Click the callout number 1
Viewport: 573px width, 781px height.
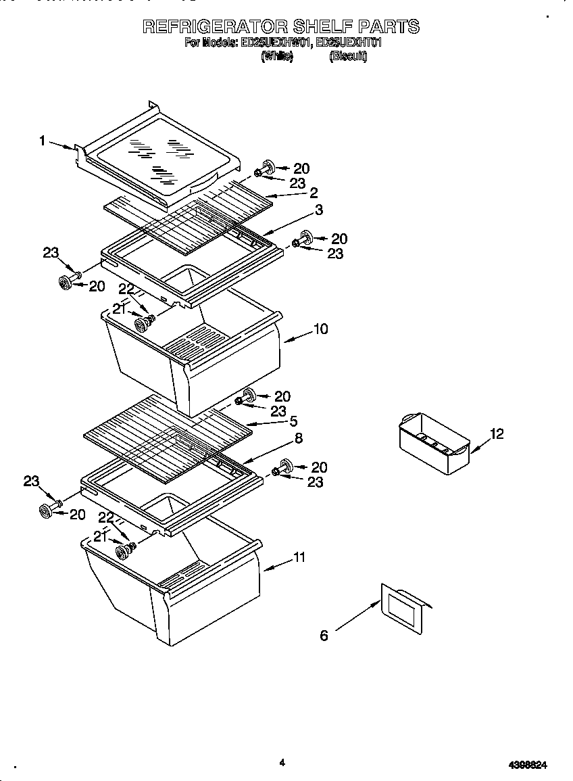(x=42, y=141)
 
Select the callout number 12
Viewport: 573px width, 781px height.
(x=497, y=434)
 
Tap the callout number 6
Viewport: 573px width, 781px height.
(x=324, y=636)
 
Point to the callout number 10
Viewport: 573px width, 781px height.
(x=320, y=329)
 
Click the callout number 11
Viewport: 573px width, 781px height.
(x=299, y=558)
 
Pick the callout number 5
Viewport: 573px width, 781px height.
(x=293, y=421)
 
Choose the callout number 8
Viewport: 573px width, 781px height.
(x=297, y=438)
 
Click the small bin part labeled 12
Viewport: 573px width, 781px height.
(x=432, y=443)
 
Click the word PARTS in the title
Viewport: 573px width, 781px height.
(x=388, y=26)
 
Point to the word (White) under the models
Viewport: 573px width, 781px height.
(x=276, y=57)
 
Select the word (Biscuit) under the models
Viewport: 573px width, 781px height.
(x=348, y=57)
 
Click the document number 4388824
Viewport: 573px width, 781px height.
(x=527, y=765)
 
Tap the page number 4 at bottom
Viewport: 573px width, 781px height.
(x=282, y=763)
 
